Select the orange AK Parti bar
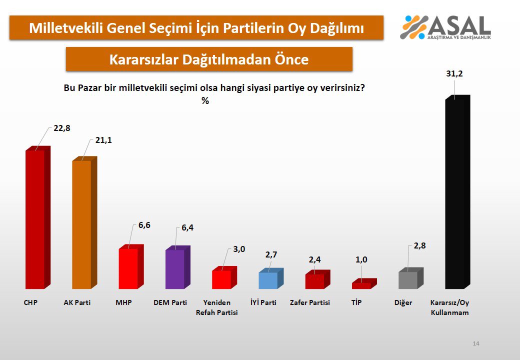(81, 224)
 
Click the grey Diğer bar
(407, 280)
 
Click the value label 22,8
(62, 128)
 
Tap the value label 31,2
(455, 73)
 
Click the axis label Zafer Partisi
(310, 303)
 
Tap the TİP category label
(356, 303)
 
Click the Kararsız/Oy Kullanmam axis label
(450, 307)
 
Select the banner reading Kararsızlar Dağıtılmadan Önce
(209, 59)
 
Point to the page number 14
(476, 343)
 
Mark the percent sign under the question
(205, 100)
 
